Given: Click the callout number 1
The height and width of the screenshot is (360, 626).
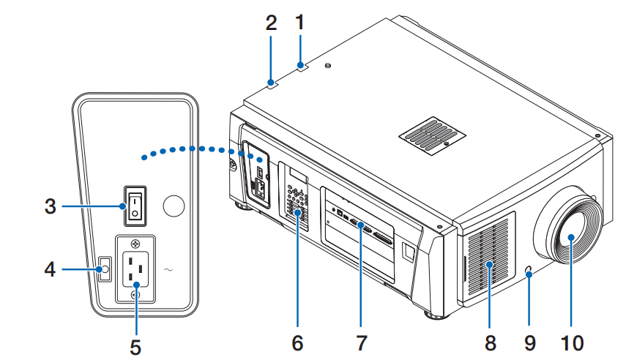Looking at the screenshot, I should [299, 23].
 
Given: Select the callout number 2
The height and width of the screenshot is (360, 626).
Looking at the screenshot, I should [271, 23].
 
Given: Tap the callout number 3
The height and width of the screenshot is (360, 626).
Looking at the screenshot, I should [50, 206].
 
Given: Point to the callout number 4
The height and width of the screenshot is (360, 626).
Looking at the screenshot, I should [50, 269].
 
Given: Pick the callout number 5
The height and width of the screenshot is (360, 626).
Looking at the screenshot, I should [135, 343].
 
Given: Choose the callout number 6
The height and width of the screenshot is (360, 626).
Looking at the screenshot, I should [297, 342].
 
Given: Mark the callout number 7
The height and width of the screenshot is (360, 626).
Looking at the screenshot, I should [361, 342].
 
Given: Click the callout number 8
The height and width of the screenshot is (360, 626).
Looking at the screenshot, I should [490, 342].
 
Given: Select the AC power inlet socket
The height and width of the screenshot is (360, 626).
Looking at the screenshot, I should [135, 270].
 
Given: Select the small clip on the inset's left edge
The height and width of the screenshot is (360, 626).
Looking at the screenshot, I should [104, 269].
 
